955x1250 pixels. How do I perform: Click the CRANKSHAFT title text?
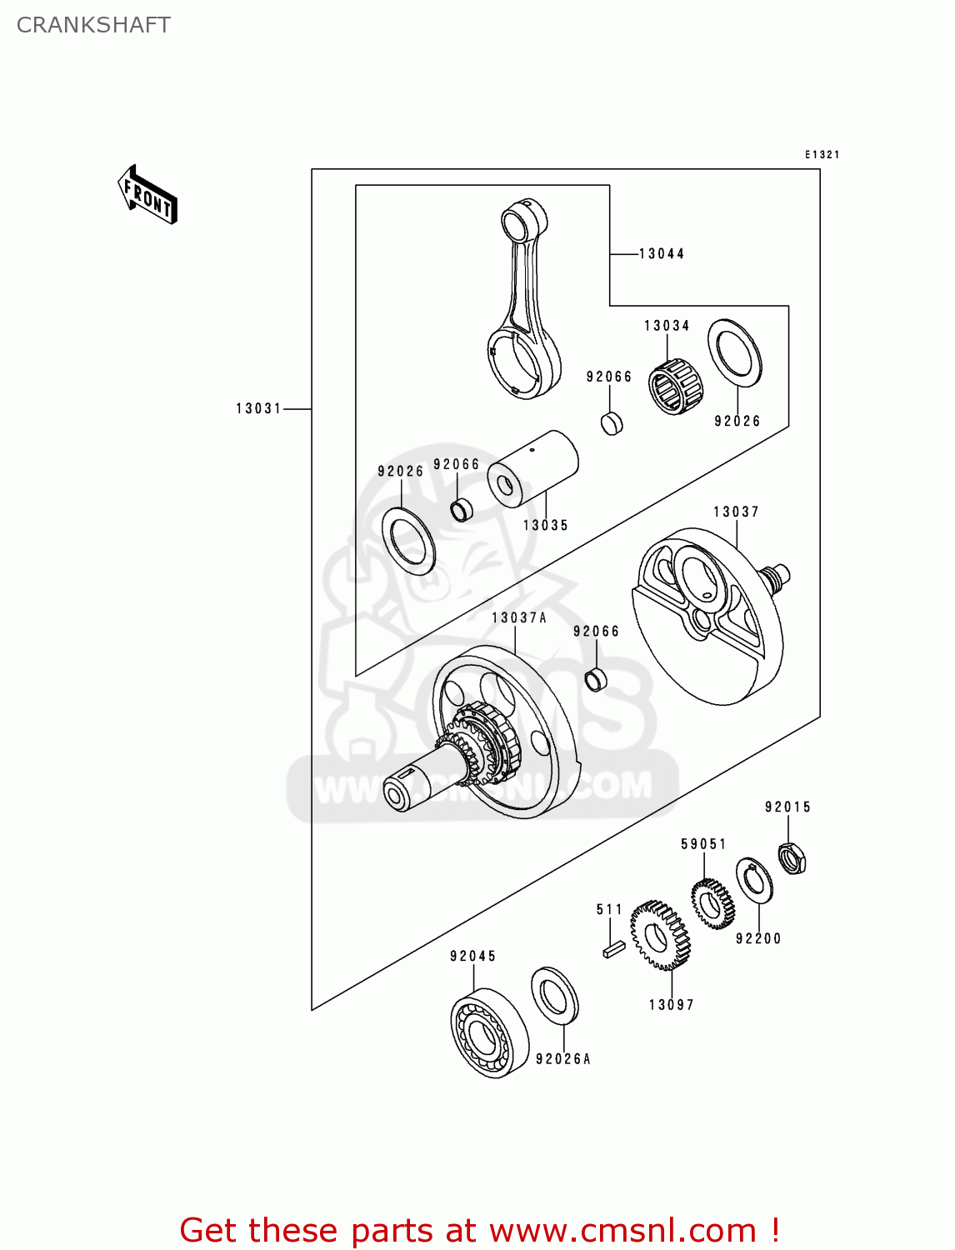tap(93, 25)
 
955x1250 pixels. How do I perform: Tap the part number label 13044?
tap(662, 254)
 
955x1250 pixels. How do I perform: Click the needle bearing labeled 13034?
tap(675, 386)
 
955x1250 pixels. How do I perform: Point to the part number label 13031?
tap(258, 408)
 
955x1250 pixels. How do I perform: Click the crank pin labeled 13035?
tap(532, 468)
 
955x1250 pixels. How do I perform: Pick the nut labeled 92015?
tap(792, 858)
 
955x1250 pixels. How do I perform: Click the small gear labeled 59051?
tap(712, 903)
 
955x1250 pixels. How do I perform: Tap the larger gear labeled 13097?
tap(660, 935)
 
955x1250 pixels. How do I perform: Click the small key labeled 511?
tap(613, 948)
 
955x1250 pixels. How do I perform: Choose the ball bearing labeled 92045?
tap(489, 1033)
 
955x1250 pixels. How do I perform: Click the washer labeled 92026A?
tap(555, 995)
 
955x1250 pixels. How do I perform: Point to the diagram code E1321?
tap(822, 155)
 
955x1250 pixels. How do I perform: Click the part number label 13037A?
tap(518, 618)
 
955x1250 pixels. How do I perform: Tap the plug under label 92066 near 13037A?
tap(597, 679)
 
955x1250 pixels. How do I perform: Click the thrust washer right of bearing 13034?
tap(735, 352)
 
